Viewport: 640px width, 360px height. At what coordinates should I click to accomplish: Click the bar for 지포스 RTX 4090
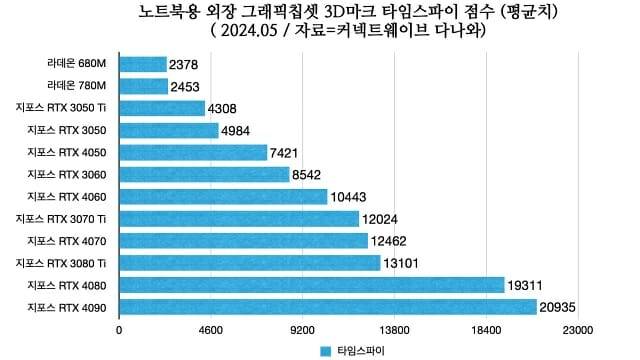[328, 306]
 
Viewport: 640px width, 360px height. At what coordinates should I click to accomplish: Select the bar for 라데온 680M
[143, 64]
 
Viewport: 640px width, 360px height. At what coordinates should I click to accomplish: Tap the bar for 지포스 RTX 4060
[223, 196]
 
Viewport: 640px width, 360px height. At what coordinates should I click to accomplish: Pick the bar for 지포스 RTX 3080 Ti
[250, 262]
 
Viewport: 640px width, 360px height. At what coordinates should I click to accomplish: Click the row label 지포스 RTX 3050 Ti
[62, 108]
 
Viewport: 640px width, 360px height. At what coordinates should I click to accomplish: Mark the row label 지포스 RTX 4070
[68, 240]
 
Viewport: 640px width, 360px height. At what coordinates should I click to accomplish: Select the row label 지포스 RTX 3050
[68, 130]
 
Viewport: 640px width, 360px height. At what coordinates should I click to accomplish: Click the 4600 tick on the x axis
[211, 329]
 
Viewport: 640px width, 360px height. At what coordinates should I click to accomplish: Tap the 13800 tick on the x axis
[395, 329]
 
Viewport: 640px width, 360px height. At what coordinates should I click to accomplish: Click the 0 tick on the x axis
[119, 329]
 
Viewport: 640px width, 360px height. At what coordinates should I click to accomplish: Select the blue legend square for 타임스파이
[325, 351]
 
